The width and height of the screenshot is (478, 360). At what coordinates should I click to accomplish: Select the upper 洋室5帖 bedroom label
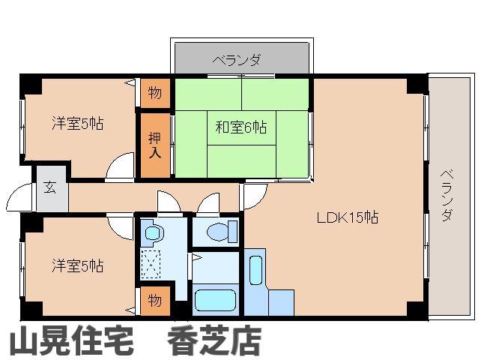pos(77,122)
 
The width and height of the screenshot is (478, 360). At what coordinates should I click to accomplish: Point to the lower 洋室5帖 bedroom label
pos(77,265)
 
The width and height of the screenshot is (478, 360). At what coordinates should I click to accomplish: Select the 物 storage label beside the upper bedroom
pos(154,93)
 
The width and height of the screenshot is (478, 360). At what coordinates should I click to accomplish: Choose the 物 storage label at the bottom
pos(154,301)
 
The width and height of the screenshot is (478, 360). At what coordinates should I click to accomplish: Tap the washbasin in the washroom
pos(153,232)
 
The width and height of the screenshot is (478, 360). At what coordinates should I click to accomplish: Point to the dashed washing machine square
pos(152,263)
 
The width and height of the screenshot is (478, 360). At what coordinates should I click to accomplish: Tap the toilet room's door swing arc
pos(210,202)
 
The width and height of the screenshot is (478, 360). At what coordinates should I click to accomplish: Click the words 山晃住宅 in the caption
pos(71,342)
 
